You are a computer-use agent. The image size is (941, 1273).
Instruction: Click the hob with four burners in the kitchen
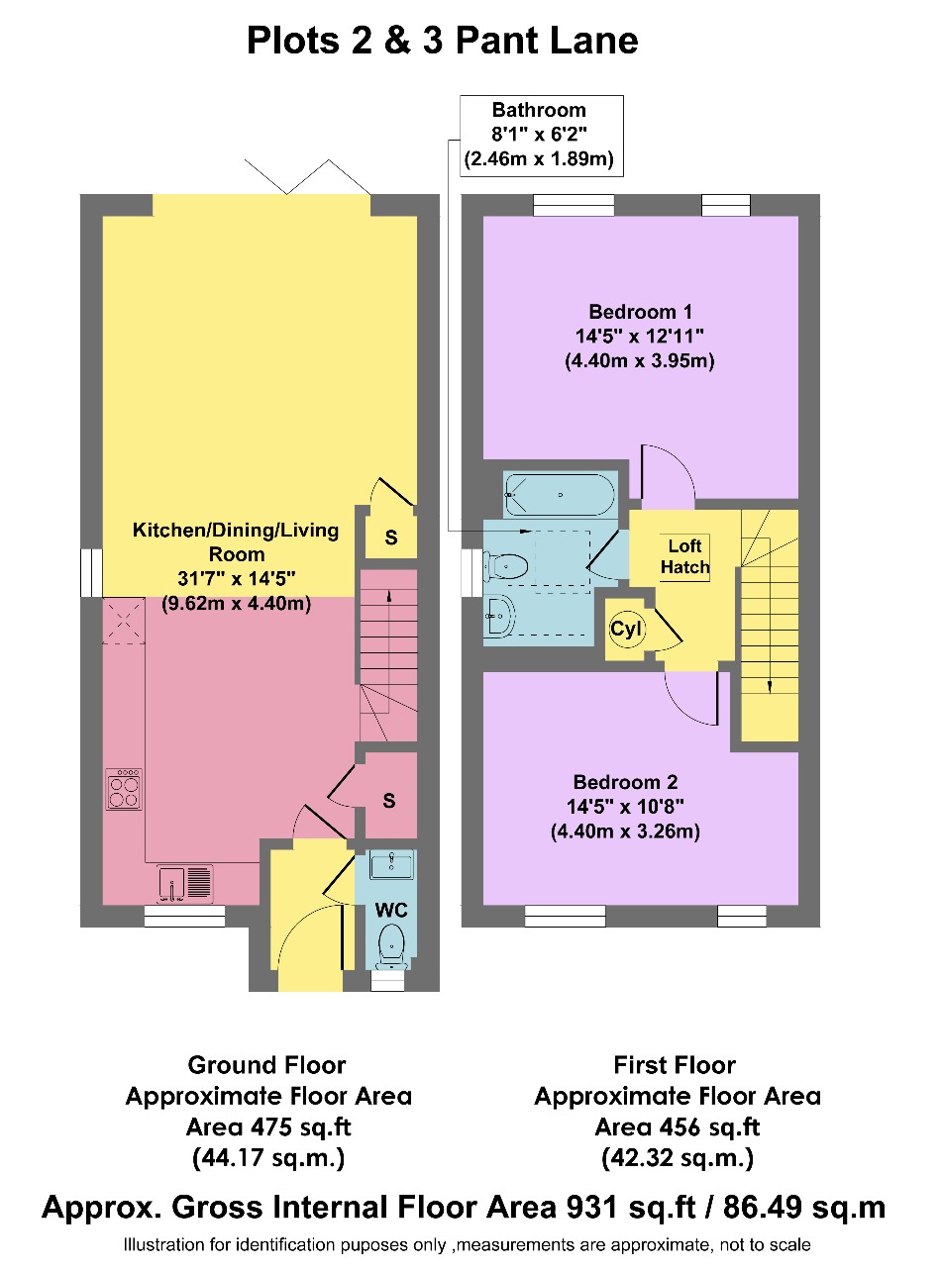pos(124,790)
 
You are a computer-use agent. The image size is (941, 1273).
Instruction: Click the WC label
pos(391,909)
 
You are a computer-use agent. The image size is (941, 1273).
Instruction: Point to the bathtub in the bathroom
pos(560,495)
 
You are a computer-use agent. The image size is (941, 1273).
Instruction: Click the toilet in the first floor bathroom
pos(505,566)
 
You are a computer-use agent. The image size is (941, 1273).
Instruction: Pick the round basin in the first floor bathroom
pos(501,616)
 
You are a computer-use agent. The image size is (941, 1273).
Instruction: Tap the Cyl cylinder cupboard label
pos(626,629)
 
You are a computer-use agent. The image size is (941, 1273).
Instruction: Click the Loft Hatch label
pos(684,556)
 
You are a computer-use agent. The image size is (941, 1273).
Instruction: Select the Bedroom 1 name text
pos(640,312)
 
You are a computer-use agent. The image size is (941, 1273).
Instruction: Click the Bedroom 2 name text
pos(626,782)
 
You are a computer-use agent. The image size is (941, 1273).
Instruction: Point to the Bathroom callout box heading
pos(539,110)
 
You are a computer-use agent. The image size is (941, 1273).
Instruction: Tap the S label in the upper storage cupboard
pos(391,538)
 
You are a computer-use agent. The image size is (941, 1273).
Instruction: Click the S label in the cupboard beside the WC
pos(389,800)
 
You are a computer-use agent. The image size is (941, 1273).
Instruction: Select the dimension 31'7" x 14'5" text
pos(236,578)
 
